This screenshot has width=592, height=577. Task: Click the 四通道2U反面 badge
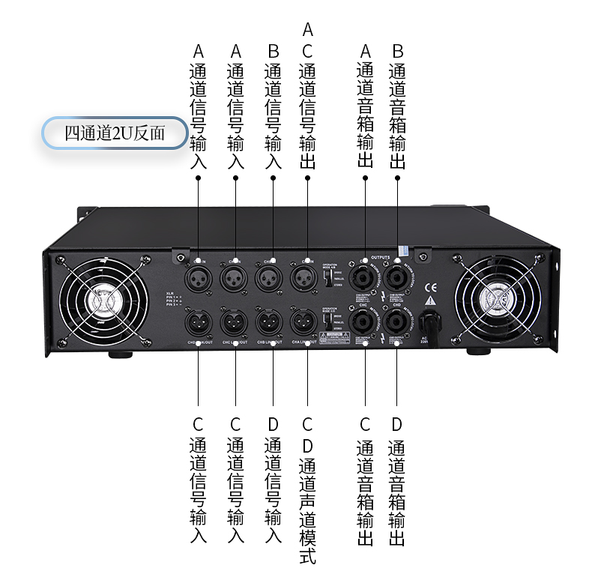[x=114, y=134]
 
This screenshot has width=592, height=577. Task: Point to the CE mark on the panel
[x=432, y=287]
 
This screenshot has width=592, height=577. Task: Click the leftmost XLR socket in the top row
[x=198, y=277]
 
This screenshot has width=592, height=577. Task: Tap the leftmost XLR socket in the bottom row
[x=199, y=322]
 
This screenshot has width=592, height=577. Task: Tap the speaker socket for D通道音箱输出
[x=397, y=323]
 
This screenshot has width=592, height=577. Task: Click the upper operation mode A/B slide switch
[x=328, y=277]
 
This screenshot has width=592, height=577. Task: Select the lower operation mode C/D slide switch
[x=328, y=320]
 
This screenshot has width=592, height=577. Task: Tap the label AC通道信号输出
[x=306, y=97]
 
